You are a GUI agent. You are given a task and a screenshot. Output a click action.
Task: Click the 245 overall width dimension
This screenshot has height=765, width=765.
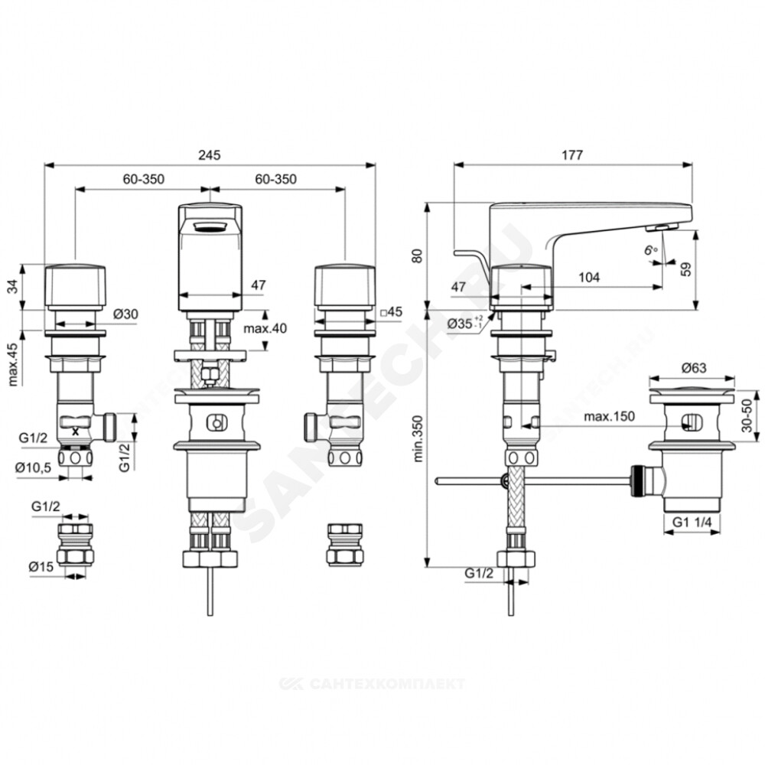(x=210, y=155)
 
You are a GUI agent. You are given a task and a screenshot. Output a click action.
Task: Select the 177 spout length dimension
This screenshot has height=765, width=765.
(x=571, y=155)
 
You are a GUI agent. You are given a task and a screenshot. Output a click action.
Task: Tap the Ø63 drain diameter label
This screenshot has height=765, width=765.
(x=694, y=367)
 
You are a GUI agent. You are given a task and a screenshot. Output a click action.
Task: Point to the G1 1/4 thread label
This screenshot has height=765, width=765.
(x=692, y=522)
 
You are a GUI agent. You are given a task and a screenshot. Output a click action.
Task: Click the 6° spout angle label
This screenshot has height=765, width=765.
(x=650, y=250)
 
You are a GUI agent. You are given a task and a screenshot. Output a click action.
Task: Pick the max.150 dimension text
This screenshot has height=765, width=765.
(x=610, y=416)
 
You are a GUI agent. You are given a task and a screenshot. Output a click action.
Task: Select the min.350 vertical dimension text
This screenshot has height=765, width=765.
(x=418, y=438)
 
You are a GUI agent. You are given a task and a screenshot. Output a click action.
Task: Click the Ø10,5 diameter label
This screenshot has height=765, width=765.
(x=33, y=467)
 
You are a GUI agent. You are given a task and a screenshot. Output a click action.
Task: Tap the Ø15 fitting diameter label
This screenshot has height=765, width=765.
(x=41, y=566)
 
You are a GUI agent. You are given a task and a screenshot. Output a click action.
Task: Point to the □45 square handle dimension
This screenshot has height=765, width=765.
(x=391, y=311)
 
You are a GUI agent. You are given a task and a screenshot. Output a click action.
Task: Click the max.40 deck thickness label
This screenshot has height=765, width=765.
(x=265, y=328)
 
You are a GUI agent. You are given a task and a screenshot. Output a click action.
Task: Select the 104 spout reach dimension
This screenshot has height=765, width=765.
(x=589, y=277)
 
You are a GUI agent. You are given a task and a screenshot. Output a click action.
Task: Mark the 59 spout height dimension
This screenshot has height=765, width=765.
(x=686, y=269)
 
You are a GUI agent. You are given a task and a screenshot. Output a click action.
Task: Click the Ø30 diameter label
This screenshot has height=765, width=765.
(x=126, y=314)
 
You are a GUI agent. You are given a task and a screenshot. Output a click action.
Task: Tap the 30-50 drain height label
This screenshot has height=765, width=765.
(x=747, y=415)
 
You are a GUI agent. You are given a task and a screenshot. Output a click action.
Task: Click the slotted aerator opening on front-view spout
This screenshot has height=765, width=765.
(x=210, y=226)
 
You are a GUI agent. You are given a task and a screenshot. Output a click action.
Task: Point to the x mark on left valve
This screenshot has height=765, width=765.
(x=75, y=431)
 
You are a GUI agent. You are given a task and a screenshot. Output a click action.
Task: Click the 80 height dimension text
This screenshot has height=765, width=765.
(x=417, y=256)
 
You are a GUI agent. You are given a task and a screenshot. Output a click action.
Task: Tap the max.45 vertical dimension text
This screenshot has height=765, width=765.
(x=12, y=364)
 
